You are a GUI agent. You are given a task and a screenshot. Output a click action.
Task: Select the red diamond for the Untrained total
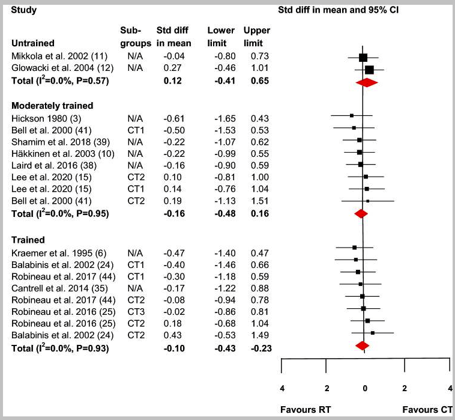pos(366,83)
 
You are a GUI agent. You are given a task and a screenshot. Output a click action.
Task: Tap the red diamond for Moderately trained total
pos(361,213)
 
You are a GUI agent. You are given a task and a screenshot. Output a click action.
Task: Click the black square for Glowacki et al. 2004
pos(369,70)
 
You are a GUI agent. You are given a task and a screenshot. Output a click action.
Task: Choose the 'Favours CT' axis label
pos(427,410)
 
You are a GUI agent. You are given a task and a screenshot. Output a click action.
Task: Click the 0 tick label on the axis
pos(365,388)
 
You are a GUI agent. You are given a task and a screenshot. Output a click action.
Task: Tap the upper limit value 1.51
pos(256,201)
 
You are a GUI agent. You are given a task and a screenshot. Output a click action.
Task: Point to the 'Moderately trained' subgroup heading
pos(53,106)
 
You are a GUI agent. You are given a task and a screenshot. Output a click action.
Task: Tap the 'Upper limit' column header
pos(256,37)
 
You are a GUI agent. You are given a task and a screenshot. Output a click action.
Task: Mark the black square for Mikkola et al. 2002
pos(363,58)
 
